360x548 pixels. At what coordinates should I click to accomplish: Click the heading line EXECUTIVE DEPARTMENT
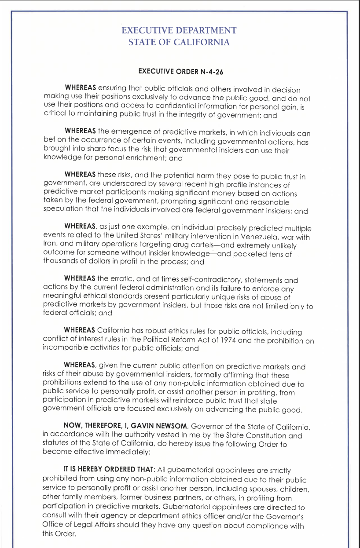point(179,30)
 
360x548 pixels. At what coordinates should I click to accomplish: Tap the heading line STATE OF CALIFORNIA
point(179,42)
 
